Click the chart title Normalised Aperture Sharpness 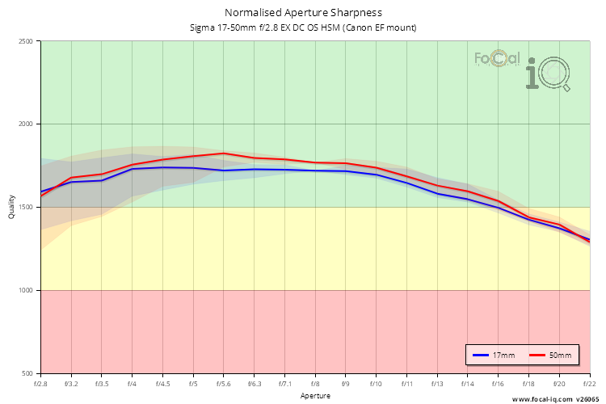(x=303, y=13)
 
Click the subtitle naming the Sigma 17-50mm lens (x=303, y=27)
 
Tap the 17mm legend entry (x=494, y=356)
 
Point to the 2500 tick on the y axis (x=25, y=41)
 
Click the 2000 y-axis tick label (x=25, y=124)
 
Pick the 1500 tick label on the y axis (x=25, y=208)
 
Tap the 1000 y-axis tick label (x=25, y=291)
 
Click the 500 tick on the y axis (x=27, y=373)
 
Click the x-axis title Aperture (x=315, y=397)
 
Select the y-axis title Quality (x=11, y=208)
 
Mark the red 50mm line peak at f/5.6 (x=224, y=153)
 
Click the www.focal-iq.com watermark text (x=541, y=399)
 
